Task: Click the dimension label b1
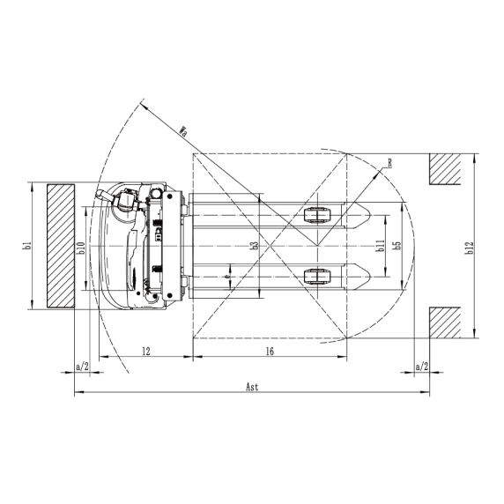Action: tap(28, 246)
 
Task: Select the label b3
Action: tap(255, 246)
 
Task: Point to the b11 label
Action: tap(381, 246)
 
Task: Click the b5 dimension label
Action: tap(398, 246)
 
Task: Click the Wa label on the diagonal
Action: tap(183, 131)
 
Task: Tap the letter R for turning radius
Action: tap(389, 163)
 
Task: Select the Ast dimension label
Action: tap(252, 387)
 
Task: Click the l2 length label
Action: tap(146, 352)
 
